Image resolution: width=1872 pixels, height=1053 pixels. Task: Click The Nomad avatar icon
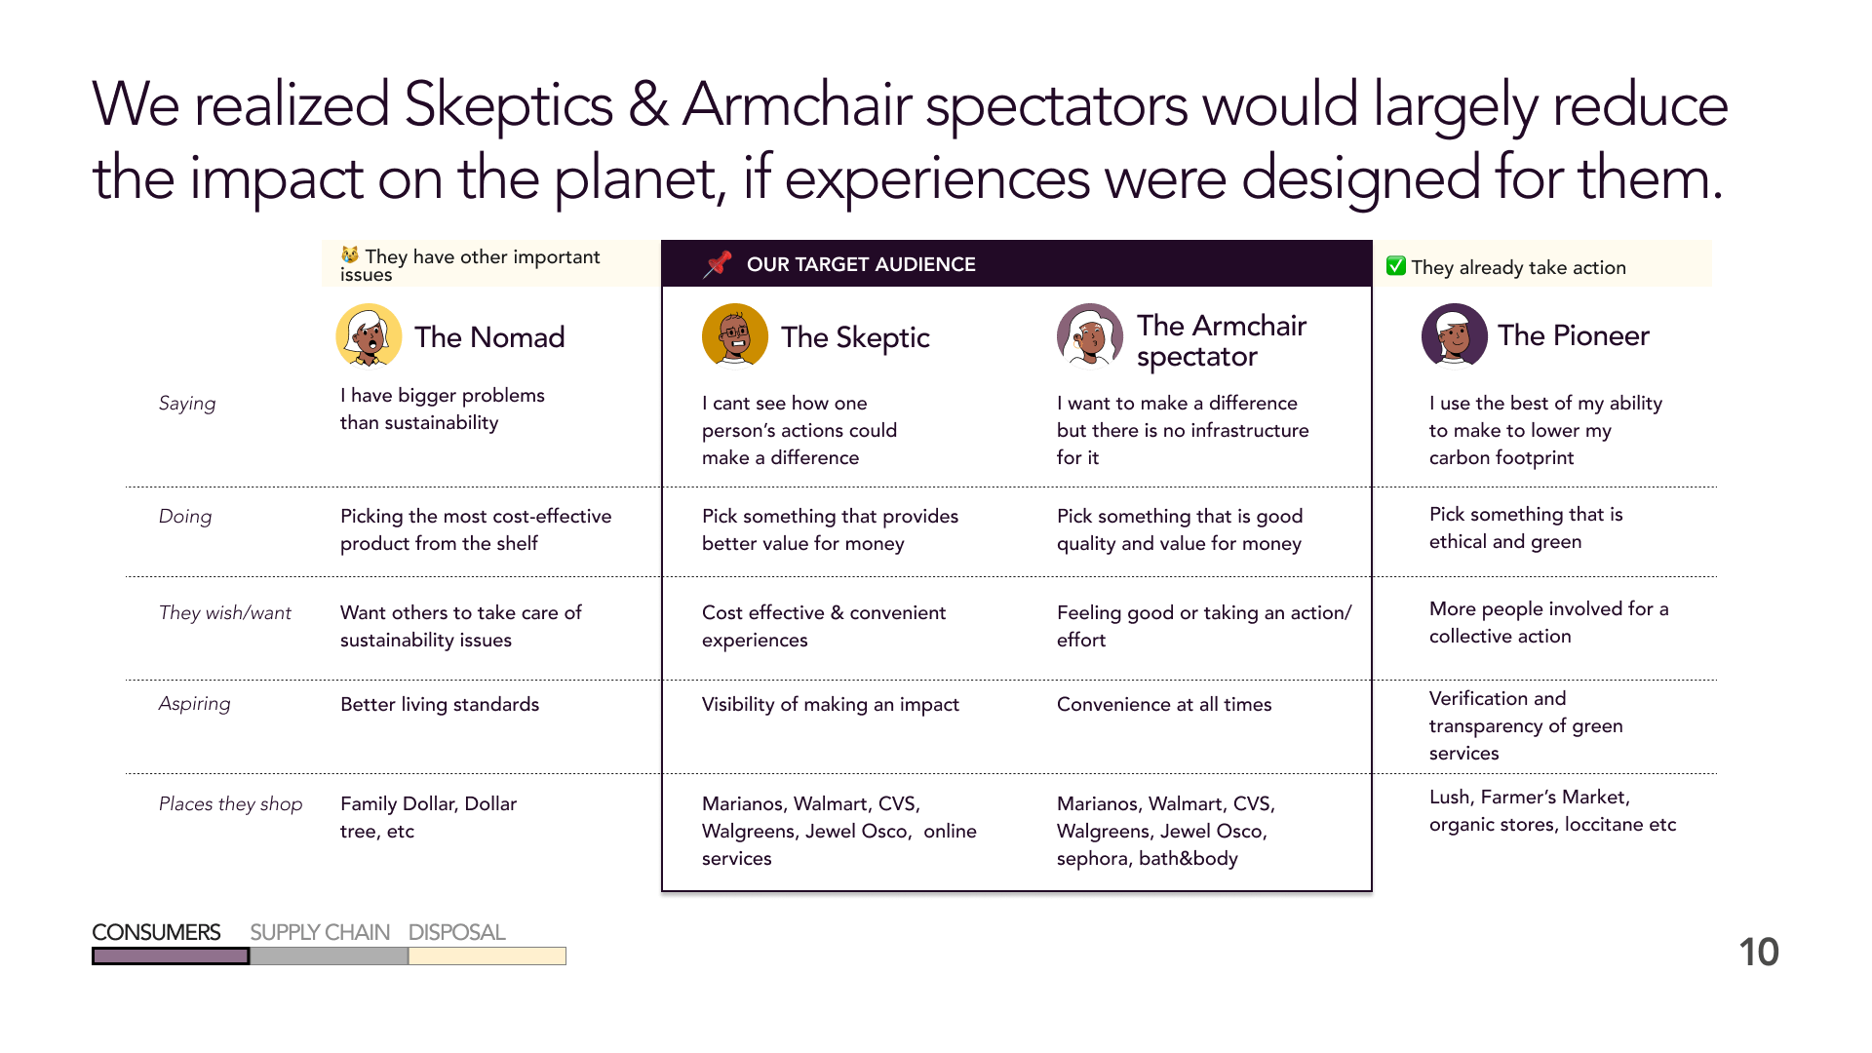click(x=369, y=336)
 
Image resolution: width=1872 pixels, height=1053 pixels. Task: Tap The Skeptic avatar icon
click(x=734, y=336)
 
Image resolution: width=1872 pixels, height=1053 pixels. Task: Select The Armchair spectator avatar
click(x=1090, y=336)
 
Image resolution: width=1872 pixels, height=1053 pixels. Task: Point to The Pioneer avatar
click(x=1455, y=335)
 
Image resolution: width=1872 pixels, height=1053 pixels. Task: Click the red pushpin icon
click(x=718, y=264)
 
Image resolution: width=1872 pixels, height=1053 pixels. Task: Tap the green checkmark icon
click(x=1396, y=266)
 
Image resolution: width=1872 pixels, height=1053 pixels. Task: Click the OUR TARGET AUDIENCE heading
click(x=861, y=264)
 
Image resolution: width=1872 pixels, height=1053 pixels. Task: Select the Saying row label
click(x=187, y=404)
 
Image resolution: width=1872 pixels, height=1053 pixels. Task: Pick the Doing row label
click(x=185, y=516)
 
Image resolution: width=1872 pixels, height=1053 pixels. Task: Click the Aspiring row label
click(x=195, y=704)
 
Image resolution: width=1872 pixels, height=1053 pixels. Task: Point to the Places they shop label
click(x=230, y=803)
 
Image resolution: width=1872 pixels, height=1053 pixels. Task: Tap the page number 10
click(x=1759, y=953)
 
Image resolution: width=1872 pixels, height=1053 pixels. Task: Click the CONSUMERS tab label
click(x=156, y=932)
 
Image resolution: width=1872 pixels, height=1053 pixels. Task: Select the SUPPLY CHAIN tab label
click(x=320, y=932)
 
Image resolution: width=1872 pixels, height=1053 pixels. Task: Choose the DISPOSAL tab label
click(x=456, y=932)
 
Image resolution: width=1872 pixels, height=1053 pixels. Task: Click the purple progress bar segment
click(x=171, y=956)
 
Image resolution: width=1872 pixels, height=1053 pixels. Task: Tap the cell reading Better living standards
click(x=440, y=704)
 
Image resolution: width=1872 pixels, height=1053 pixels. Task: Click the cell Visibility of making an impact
click(x=831, y=704)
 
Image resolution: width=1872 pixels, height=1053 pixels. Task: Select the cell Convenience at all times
click(x=1164, y=704)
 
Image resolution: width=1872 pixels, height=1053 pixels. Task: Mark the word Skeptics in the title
click(x=508, y=105)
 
